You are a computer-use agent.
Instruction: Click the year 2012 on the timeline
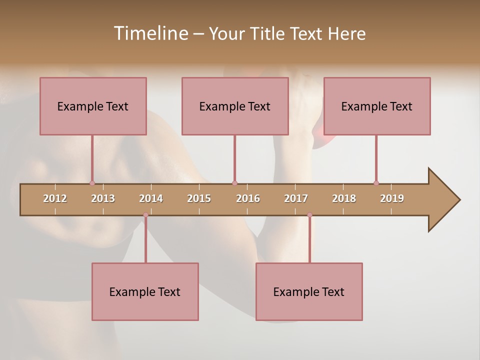point(55,198)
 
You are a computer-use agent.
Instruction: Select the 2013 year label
point(103,198)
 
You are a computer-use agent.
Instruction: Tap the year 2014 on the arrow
point(151,198)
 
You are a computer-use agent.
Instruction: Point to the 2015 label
point(199,198)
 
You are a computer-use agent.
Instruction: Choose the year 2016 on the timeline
point(248,198)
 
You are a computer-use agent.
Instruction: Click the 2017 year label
point(296,198)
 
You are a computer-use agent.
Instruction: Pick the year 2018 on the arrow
point(344,198)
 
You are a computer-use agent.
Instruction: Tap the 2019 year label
point(392,198)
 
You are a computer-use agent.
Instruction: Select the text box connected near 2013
point(93,106)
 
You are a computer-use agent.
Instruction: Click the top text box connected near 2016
point(235,106)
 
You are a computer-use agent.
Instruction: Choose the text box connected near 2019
point(377,106)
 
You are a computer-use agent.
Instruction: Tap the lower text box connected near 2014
point(145,291)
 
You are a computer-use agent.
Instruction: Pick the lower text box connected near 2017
point(309,291)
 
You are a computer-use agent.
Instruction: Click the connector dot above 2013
point(92,183)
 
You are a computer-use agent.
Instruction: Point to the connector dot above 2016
point(234,183)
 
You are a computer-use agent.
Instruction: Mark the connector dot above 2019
point(376,183)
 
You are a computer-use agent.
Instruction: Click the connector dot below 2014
point(145,215)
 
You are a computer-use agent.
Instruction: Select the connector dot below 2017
point(309,215)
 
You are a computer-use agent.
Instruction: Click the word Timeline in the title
point(150,33)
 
